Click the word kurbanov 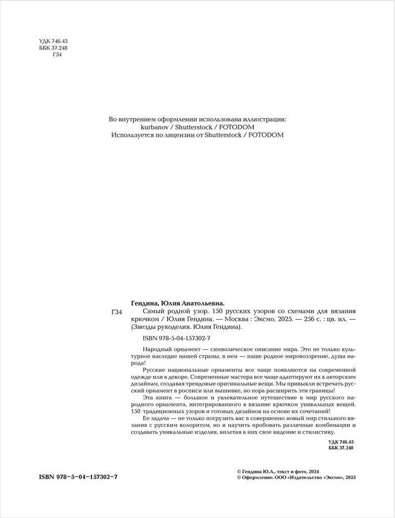pyautogui.click(x=125, y=127)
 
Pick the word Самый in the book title pyautogui.click(x=153, y=312)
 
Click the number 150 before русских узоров pyautogui.click(x=218, y=312)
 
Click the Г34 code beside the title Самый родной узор pyautogui.click(x=118, y=312)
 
